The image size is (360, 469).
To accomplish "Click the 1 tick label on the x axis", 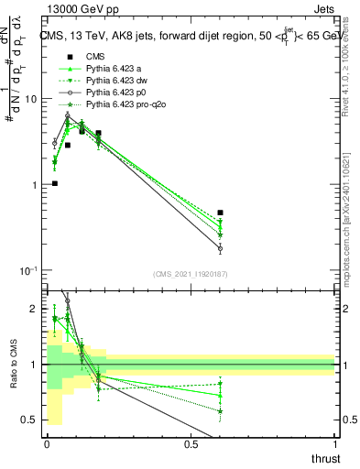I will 334,445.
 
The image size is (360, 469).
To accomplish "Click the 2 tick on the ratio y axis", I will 34,310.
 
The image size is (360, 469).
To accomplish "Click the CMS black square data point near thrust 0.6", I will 220,213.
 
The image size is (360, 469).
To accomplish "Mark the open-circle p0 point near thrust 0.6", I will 220,248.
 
